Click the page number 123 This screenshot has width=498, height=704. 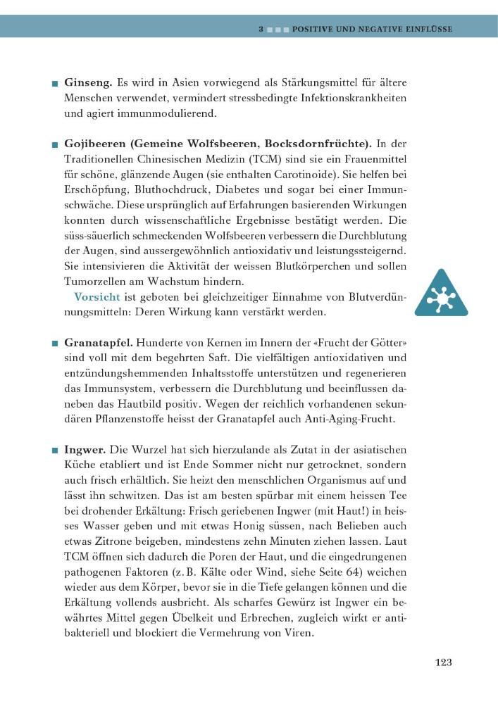click(443, 662)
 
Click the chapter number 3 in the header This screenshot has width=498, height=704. click(261, 30)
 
